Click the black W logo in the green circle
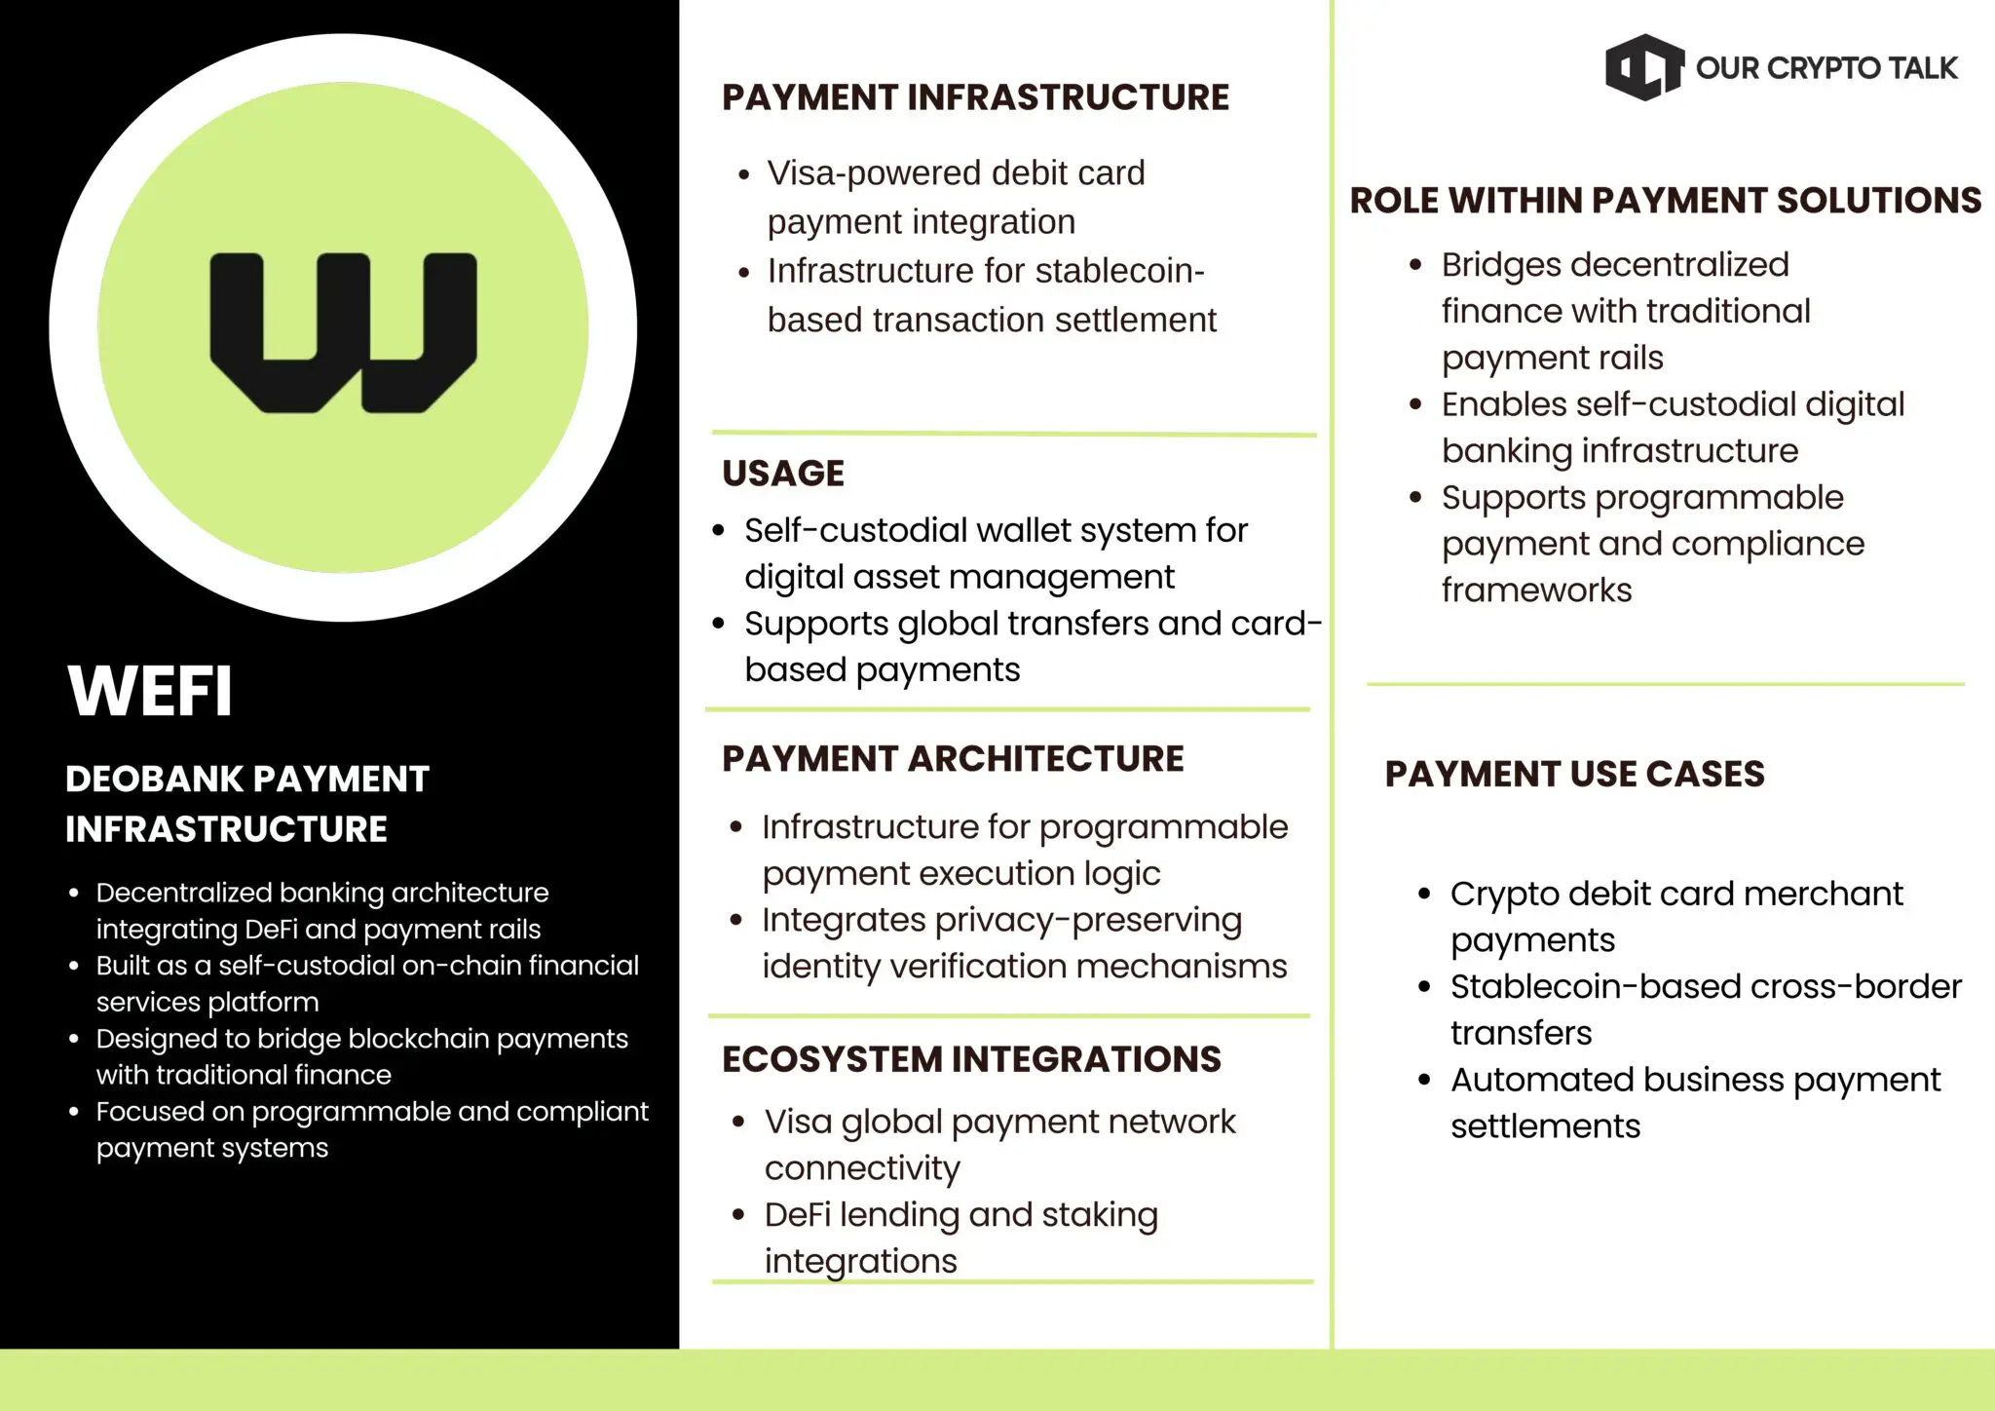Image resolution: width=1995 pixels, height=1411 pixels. pyautogui.click(x=343, y=332)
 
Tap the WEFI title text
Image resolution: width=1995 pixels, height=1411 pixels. pyautogui.click(x=150, y=691)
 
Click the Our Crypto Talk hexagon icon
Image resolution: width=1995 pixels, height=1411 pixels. pyautogui.click(x=1643, y=67)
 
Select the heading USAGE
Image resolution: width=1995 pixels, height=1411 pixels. pyautogui.click(x=783, y=474)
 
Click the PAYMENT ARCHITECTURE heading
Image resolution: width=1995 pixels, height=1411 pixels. pyautogui.click(x=953, y=759)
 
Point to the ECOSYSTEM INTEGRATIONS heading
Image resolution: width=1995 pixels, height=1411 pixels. pyautogui.click(x=971, y=1059)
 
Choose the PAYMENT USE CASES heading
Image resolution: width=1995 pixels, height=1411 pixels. pyautogui.click(x=1574, y=774)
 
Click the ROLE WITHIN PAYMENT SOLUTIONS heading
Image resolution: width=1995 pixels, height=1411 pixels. pyautogui.click(x=1665, y=201)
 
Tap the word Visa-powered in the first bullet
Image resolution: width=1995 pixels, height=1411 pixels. pyautogui.click(x=874, y=173)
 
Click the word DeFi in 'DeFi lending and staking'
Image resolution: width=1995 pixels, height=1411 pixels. pyautogui.click(x=797, y=1214)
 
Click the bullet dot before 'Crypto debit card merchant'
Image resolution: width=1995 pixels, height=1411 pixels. pyautogui.click(x=1424, y=894)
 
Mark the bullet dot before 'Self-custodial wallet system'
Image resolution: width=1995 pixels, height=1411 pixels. pyautogui.click(x=719, y=531)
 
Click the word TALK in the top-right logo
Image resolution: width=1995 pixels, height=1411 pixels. pyautogui.click(x=1921, y=68)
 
